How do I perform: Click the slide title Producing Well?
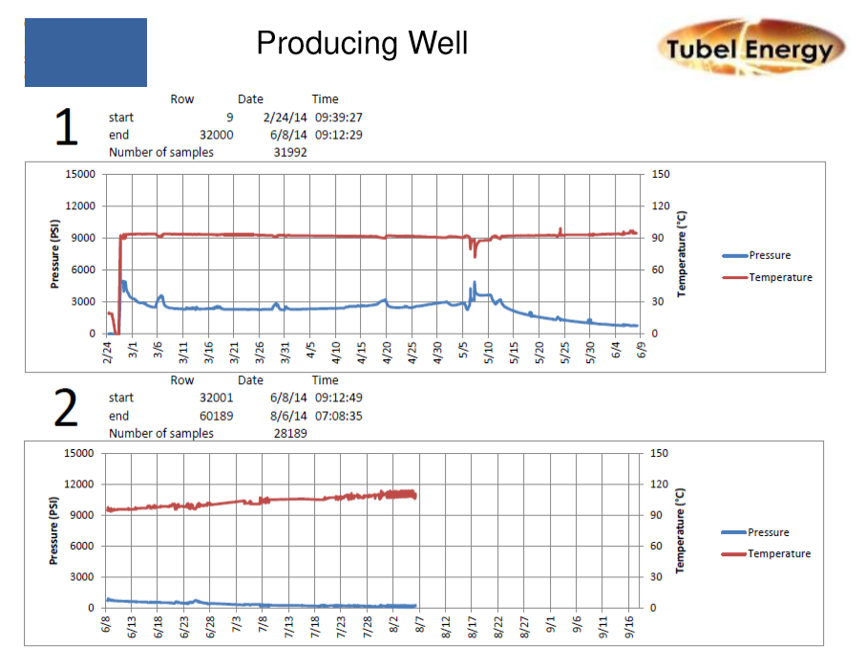point(362,43)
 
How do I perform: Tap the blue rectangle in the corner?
point(86,53)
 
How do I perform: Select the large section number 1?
point(65,128)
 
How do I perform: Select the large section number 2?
point(65,409)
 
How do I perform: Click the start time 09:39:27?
point(339,117)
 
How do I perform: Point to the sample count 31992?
point(290,152)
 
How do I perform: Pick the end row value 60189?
point(216,416)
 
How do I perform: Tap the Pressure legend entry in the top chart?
point(769,255)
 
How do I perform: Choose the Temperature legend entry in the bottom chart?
point(778,553)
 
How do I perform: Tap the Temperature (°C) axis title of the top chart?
point(683,253)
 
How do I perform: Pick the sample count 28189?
point(290,433)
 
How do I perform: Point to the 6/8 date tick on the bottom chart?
point(107,624)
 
